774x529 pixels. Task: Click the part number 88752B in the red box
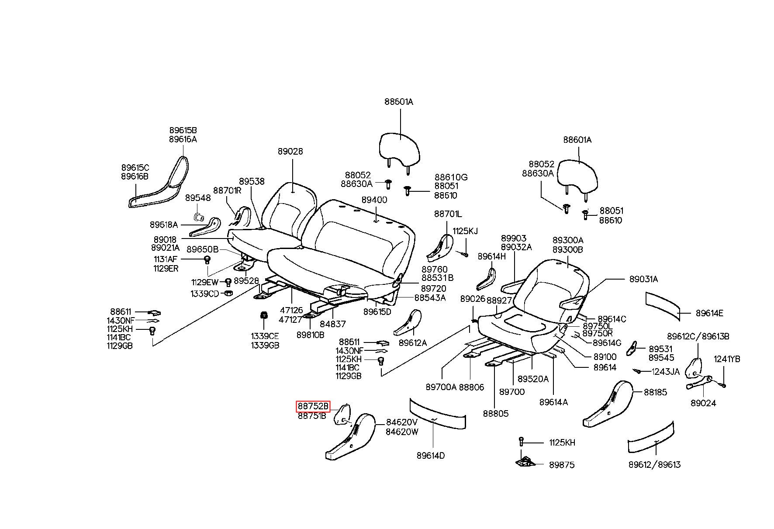(313, 406)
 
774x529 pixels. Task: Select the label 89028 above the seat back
(290, 152)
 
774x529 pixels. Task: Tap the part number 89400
(374, 200)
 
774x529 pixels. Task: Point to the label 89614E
(709, 313)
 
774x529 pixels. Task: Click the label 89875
(562, 465)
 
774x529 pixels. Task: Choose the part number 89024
(703, 403)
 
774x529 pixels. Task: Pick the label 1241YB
(727, 359)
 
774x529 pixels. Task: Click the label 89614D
(431, 456)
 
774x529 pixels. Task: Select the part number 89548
(198, 198)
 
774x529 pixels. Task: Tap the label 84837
(332, 324)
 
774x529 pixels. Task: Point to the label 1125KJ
(465, 231)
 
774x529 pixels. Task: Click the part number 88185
(656, 392)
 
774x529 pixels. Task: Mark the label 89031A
(643, 279)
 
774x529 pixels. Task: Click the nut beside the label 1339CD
(228, 293)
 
